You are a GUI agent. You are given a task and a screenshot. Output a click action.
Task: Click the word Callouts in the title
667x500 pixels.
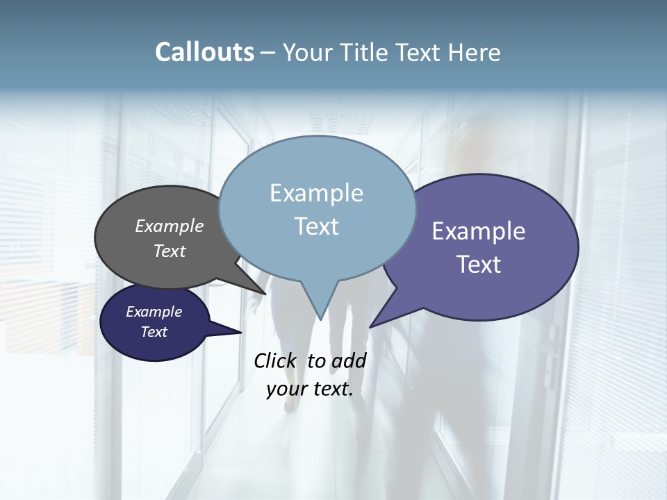[204, 52]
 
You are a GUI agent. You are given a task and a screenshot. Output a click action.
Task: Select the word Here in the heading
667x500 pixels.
[475, 53]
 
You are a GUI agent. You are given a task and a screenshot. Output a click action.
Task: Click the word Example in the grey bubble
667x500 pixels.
[170, 226]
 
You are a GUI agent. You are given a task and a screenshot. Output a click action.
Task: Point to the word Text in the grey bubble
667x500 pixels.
[170, 251]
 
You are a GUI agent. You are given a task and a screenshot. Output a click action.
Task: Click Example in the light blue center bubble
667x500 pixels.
[316, 193]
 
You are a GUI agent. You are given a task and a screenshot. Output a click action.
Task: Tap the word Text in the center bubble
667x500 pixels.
[316, 226]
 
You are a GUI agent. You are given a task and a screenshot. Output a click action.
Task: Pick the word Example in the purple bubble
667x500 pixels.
[479, 231]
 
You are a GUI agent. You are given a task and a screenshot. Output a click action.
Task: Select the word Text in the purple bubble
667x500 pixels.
[479, 265]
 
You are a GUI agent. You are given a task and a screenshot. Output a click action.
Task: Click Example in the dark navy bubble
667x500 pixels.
[154, 312]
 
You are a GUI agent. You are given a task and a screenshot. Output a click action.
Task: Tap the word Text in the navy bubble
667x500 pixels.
[154, 332]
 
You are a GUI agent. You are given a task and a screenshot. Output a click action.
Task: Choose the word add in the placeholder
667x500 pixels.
[349, 360]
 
